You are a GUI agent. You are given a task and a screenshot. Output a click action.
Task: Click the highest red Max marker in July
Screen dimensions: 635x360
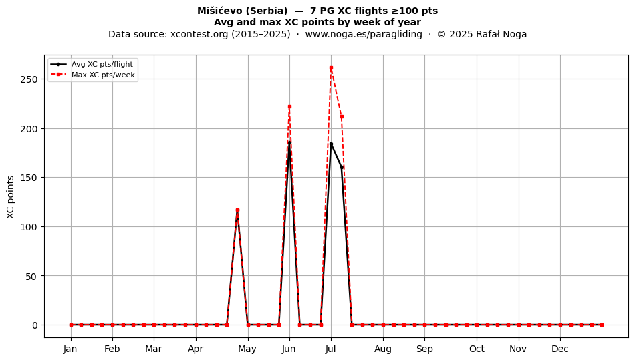coord(331,68)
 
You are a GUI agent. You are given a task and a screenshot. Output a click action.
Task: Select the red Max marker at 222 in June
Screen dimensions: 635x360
coord(289,107)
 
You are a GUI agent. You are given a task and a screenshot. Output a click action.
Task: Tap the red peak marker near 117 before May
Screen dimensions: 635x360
coord(237,210)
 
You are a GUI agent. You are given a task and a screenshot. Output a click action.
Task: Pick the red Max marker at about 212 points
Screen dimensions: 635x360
coord(342,116)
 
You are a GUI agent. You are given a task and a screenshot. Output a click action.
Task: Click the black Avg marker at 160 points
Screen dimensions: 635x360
coord(342,168)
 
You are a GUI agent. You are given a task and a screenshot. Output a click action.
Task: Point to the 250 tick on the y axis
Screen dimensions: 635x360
coord(29,79)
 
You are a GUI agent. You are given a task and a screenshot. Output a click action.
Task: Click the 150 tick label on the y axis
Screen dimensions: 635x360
coord(29,178)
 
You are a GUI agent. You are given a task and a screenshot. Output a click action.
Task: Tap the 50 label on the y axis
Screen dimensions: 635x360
coord(32,277)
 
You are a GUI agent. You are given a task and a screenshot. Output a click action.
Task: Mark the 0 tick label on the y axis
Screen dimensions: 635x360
coord(35,325)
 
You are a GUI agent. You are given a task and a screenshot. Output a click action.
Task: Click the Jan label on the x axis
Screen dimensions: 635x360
coord(70,349)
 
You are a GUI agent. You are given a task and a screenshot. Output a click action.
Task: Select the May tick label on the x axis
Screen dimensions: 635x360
coord(247,349)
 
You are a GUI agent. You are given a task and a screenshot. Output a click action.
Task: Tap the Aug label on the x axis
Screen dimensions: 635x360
coord(383,349)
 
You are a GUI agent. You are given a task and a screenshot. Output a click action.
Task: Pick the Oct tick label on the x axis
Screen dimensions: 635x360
coord(477,349)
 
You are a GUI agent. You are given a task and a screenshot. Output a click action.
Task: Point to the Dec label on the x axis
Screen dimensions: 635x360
coord(560,349)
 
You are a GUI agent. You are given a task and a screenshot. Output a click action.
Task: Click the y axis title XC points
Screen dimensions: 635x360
coord(11,197)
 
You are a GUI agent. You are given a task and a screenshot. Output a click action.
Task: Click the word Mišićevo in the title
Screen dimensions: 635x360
coord(220,11)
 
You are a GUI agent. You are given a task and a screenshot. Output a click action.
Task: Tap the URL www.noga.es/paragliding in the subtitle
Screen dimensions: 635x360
coord(364,34)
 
